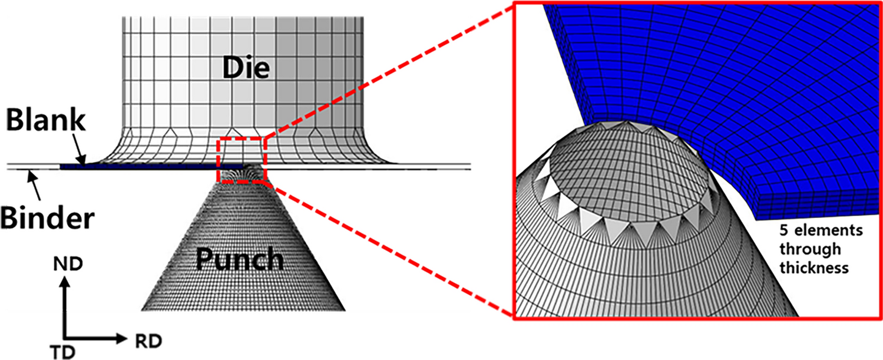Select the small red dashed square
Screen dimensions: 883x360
[x=242, y=159]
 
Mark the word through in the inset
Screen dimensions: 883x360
[x=806, y=249]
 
